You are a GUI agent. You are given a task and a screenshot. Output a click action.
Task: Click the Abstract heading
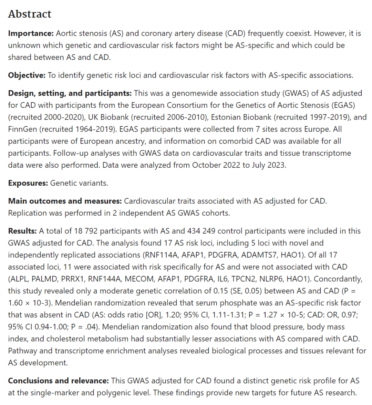tap(30, 14)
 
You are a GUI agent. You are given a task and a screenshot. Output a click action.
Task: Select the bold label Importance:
tap(31, 33)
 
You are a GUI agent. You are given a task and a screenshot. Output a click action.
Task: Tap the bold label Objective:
tap(27, 75)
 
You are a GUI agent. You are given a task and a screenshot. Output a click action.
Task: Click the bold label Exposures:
tap(28, 183)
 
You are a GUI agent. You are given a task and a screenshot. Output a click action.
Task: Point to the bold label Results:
tap(22, 231)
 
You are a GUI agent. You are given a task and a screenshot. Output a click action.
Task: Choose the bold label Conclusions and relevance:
tap(58, 381)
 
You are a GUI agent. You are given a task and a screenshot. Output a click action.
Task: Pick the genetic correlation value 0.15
tap(220, 291)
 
